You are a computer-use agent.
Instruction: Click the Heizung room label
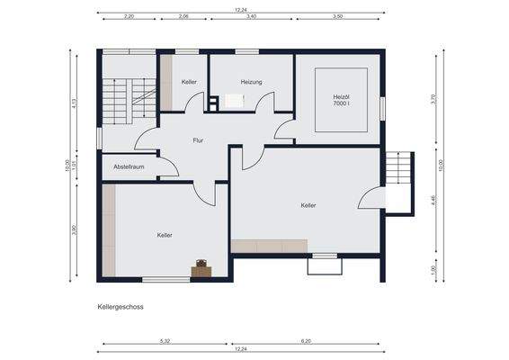[x=251, y=83]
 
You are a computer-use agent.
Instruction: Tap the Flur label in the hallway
[x=199, y=140]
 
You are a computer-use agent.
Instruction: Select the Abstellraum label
[x=129, y=166]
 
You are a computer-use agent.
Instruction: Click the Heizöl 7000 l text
[x=341, y=100]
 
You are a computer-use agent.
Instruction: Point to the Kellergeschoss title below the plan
[x=121, y=307]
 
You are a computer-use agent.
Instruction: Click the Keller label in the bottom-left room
[x=165, y=235]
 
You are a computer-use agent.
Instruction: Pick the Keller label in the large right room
[x=308, y=206]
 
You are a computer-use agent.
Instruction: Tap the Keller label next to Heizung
[x=189, y=83]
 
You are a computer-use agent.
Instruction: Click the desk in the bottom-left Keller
[x=201, y=267]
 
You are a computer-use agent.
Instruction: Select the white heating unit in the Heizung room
[x=234, y=101]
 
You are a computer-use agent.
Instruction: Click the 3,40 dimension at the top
[x=249, y=16]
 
